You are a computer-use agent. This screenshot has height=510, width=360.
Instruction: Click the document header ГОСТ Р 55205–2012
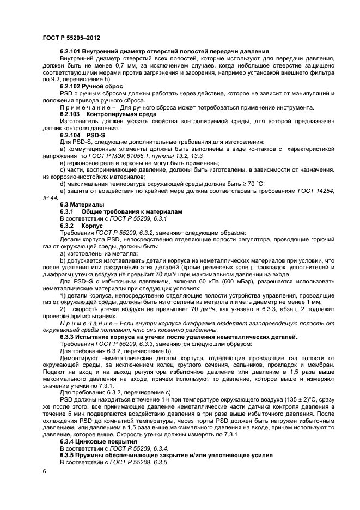71,38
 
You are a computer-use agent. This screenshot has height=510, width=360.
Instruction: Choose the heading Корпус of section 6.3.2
92,224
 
